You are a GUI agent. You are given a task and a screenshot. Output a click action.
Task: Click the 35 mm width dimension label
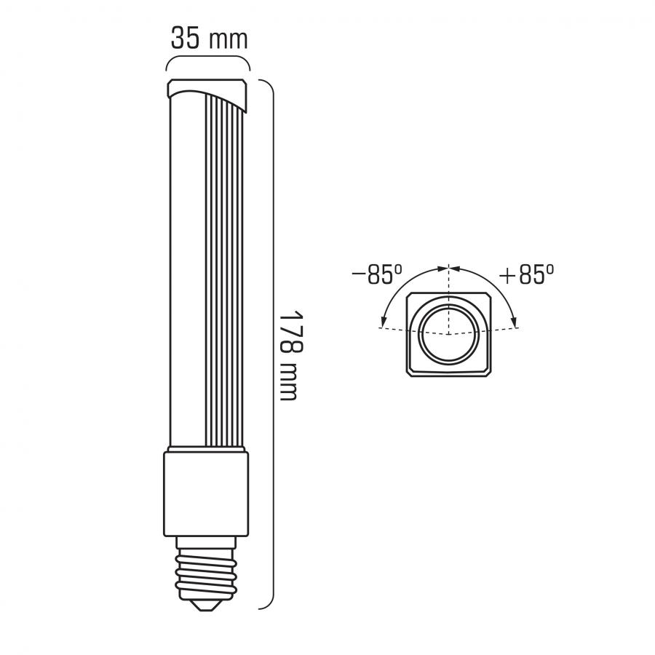210,39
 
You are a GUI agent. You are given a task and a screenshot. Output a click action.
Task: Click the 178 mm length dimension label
289,355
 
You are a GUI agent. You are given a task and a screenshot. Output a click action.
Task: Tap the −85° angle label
377,274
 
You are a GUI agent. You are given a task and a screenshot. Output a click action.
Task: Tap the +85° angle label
527,274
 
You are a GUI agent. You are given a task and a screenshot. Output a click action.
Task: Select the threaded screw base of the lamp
205,573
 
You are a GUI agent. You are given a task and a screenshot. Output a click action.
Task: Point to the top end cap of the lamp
207,94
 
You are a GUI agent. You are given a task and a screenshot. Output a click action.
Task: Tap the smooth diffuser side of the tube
187,271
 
